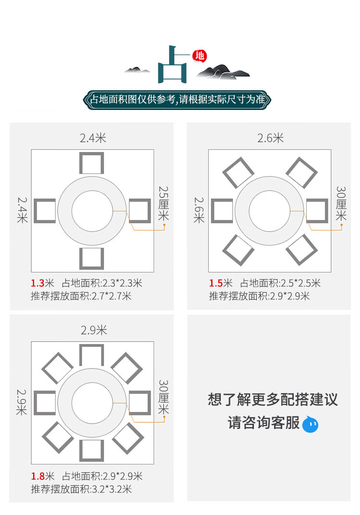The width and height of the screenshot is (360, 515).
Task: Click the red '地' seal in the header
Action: click(199, 56)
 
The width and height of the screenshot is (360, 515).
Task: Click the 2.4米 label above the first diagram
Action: click(93, 138)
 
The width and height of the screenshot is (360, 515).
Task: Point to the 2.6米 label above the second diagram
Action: click(270, 138)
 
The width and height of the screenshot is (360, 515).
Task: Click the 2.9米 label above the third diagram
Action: click(94, 331)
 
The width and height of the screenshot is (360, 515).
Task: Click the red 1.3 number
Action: click(37, 283)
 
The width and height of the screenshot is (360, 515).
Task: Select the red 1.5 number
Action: click(215, 283)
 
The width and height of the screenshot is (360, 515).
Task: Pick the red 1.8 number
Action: click(37, 477)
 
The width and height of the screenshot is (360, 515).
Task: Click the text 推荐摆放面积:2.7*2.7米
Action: click(81, 296)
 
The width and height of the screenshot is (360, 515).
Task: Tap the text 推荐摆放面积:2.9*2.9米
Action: click(259, 296)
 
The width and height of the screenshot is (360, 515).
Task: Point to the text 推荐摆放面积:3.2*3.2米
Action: click(81, 490)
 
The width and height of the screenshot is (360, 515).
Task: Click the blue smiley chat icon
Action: click(310, 424)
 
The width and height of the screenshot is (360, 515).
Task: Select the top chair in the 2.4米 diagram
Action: click(91, 163)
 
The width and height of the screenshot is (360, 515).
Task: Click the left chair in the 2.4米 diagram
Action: click(44, 211)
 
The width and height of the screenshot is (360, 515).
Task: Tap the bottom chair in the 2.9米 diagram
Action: click(92, 450)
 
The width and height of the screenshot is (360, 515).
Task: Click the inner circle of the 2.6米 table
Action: click(269, 211)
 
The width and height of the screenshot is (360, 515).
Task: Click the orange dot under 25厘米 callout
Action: click(164, 224)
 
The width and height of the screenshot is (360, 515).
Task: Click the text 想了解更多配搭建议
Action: click(273, 400)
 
